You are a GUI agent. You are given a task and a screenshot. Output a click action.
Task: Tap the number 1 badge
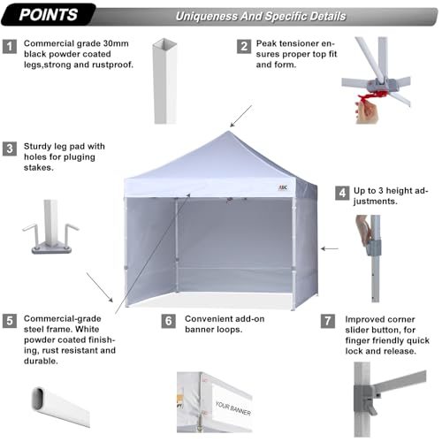pyautogui.click(x=10, y=44)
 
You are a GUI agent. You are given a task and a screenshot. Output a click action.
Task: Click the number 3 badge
pyautogui.click(x=10, y=149)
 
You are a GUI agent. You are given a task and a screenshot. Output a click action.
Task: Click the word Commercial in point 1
pyautogui.click(x=51, y=42)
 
